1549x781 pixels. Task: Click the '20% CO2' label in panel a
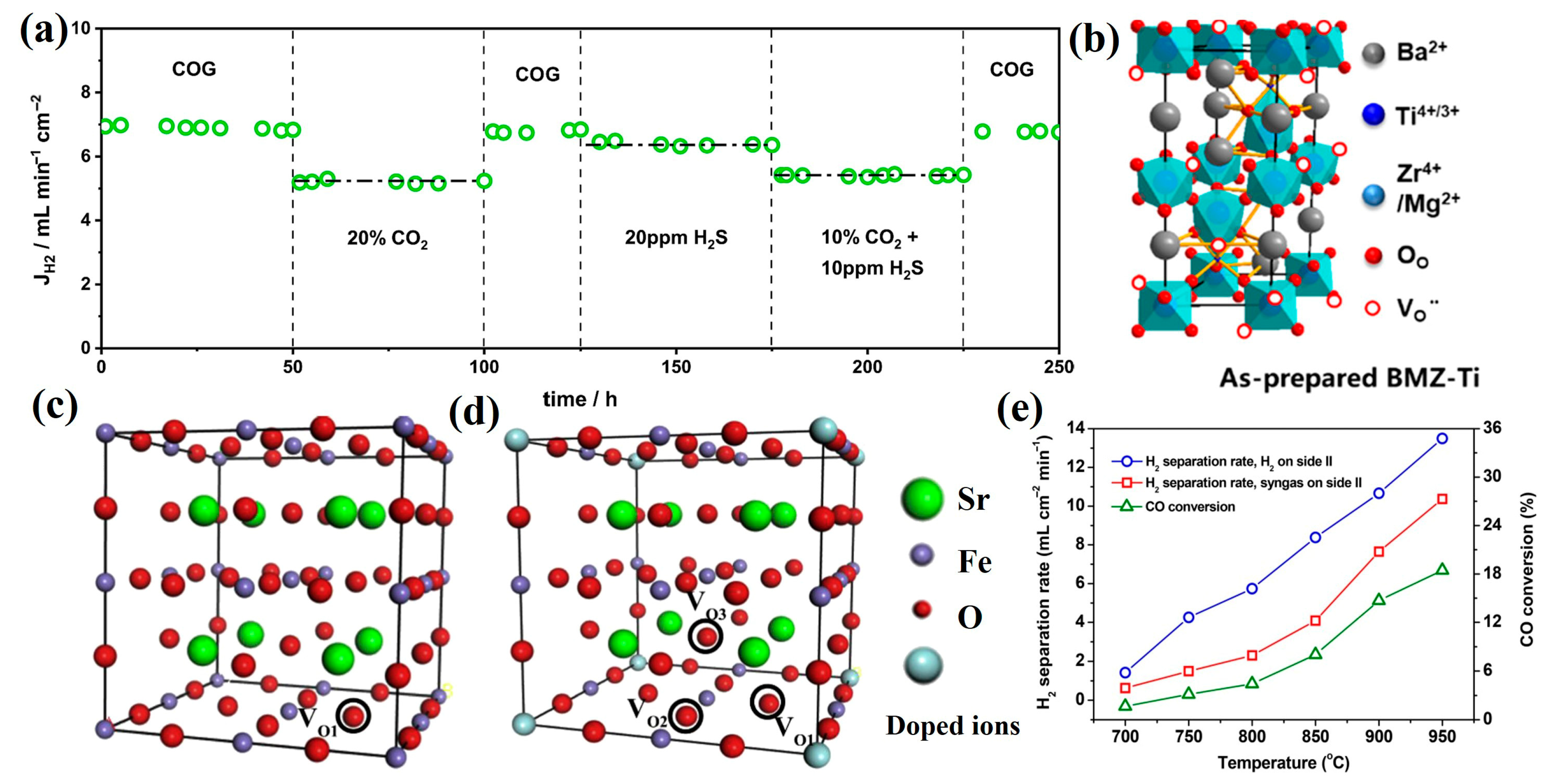[387, 239]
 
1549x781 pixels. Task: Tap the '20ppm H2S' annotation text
[676, 238]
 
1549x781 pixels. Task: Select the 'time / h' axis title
[580, 399]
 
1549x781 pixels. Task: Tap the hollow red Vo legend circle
[1372, 308]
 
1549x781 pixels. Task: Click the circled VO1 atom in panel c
[354, 715]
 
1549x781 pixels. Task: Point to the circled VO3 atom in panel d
[706, 636]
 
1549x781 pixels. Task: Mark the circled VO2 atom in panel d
[686, 715]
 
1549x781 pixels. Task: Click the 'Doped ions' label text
[953, 726]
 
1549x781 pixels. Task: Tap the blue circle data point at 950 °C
[1442, 438]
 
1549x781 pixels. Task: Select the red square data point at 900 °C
[1379, 552]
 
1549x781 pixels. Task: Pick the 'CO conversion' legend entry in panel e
[1189, 507]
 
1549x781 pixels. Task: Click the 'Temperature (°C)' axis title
[1283, 763]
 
